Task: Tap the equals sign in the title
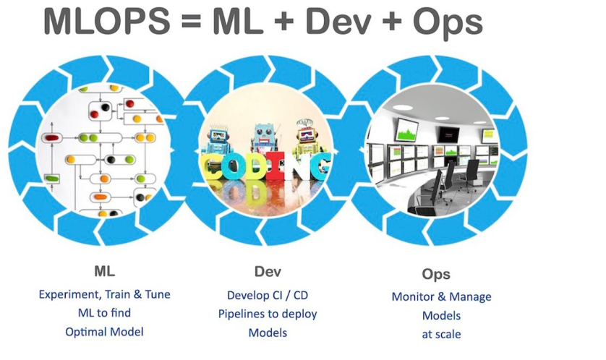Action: pyautogui.click(x=192, y=22)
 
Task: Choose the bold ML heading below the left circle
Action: pyautogui.click(x=104, y=273)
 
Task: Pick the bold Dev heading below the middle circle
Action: pyautogui.click(x=268, y=273)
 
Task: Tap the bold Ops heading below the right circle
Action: pyautogui.click(x=436, y=274)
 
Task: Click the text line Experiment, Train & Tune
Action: pyautogui.click(x=104, y=294)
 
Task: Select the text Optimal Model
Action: pyautogui.click(x=104, y=331)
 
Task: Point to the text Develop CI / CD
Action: pyautogui.click(x=268, y=295)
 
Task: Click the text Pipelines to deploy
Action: pyautogui.click(x=268, y=314)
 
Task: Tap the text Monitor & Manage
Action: pyautogui.click(x=441, y=296)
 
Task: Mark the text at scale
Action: pyautogui.click(x=441, y=334)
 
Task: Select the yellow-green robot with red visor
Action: pyautogui.click(x=305, y=141)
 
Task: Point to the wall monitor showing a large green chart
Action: pyautogui.click(x=406, y=131)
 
